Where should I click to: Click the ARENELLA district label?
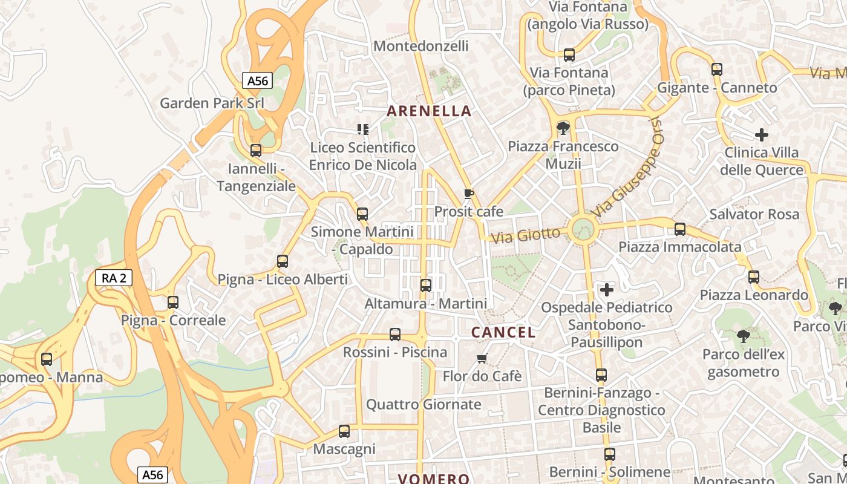pos(429,111)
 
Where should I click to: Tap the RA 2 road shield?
pos(113,278)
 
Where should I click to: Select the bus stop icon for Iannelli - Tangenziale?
pos(256,151)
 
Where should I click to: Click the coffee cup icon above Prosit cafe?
pos(468,194)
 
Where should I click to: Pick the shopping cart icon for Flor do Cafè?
pos(482,359)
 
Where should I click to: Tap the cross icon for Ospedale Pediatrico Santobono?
pos(606,290)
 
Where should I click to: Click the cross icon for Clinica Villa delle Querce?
pos(762,135)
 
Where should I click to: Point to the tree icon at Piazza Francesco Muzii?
pos(563,128)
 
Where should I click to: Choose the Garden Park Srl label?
pos(212,103)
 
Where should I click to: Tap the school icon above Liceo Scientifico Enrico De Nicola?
pos(362,129)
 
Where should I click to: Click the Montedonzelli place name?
pos(421,46)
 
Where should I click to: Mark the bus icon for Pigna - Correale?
pos(173,302)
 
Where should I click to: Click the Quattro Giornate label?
pos(423,404)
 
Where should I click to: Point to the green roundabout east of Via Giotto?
pos(583,229)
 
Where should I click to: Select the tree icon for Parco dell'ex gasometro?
pos(743,336)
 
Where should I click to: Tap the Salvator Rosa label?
pos(754,214)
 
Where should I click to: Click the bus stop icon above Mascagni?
pos(344,431)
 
